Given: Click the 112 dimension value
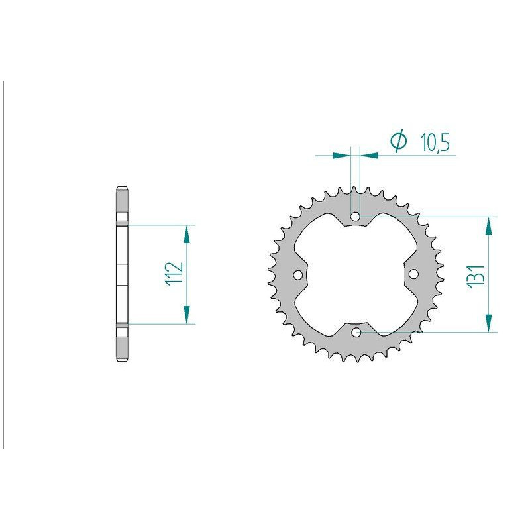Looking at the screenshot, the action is point(175,274).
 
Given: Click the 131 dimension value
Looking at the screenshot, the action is point(476,276).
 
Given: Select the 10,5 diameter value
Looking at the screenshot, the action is point(435,142).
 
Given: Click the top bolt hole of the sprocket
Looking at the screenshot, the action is point(355,217).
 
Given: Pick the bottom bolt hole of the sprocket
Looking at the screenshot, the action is point(356,333).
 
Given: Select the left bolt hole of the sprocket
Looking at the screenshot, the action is point(297,275).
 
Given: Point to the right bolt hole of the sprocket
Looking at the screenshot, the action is point(413,274).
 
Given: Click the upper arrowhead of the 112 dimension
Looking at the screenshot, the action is point(186,235).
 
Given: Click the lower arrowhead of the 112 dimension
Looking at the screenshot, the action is point(186,315).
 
